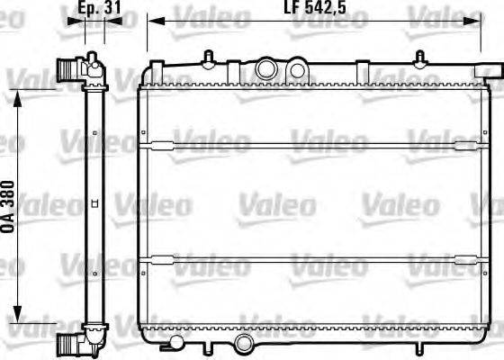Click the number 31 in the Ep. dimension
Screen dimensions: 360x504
click(x=112, y=9)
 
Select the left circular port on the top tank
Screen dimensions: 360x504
click(x=267, y=68)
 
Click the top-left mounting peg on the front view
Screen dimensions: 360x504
click(x=208, y=58)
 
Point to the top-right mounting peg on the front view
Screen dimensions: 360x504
click(x=418, y=58)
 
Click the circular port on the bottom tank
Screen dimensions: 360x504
click(x=243, y=345)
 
